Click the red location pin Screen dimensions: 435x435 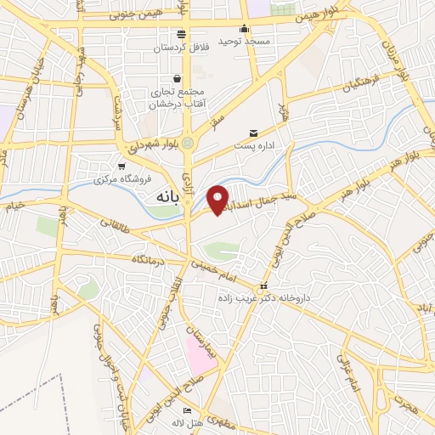point(219,200)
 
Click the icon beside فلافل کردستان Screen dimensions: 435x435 point(180,34)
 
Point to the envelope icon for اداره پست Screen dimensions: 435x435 point(253,133)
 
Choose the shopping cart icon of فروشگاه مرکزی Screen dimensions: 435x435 point(121,166)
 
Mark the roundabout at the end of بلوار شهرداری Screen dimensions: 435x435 point(188,144)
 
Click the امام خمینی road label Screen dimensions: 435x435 point(226,271)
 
